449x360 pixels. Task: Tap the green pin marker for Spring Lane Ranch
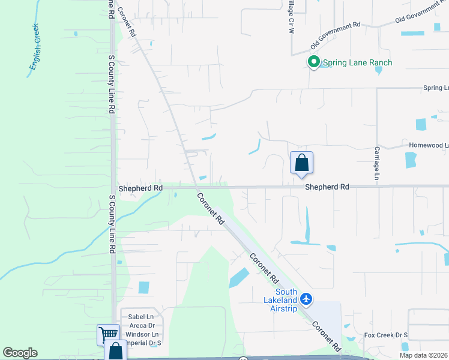point(313,62)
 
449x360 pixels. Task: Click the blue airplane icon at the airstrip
point(307,298)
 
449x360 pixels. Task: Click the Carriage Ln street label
point(378,163)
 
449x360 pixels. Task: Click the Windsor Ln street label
point(142,334)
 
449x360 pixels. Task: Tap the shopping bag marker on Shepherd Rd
point(301,163)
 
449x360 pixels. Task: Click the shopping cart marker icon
point(108,334)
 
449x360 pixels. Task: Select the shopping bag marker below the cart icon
point(115,351)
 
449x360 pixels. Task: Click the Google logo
point(20,353)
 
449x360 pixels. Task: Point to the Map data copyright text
point(424,355)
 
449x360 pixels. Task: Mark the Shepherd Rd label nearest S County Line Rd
point(140,188)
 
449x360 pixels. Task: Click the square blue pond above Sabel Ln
point(144,287)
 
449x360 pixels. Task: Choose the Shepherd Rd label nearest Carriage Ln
point(327,187)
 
